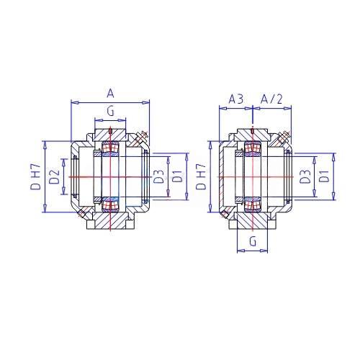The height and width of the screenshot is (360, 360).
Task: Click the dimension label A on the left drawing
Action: [110, 94]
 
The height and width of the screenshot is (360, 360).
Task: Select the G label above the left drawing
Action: [110, 111]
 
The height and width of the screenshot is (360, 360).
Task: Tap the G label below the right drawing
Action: [253, 241]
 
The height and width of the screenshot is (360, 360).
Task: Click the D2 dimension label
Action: [54, 177]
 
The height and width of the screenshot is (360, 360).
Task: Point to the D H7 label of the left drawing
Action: [36, 176]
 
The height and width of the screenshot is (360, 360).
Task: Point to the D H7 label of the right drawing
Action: [201, 176]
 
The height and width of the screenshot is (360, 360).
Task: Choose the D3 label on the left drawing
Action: [158, 176]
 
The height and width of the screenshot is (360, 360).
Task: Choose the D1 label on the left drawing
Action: [178, 176]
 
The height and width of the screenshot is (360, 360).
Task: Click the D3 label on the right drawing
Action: [305, 176]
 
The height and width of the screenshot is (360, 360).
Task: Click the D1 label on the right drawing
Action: [324, 176]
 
